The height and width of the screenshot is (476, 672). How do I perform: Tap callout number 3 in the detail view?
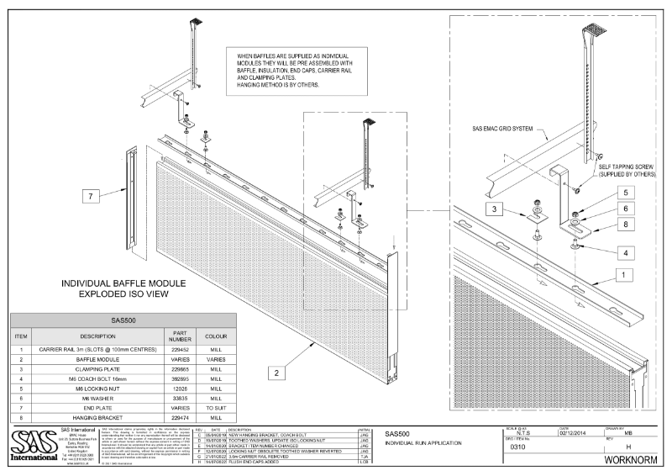[497, 209]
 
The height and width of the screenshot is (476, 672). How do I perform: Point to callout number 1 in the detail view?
[621, 273]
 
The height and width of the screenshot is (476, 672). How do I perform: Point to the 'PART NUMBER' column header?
[172, 336]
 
